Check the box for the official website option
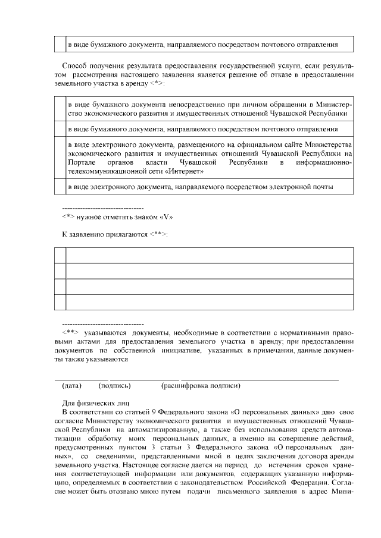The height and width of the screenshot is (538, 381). (60, 158)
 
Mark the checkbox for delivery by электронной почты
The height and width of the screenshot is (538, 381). (60, 187)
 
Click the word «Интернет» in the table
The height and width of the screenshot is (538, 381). (186, 172)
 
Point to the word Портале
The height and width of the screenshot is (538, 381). (82, 162)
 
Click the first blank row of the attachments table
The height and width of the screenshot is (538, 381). (209, 256)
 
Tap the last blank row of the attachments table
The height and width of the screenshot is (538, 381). (209, 302)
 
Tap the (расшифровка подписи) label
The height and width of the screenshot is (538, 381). (201, 386)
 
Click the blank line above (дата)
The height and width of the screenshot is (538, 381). (82, 379)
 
